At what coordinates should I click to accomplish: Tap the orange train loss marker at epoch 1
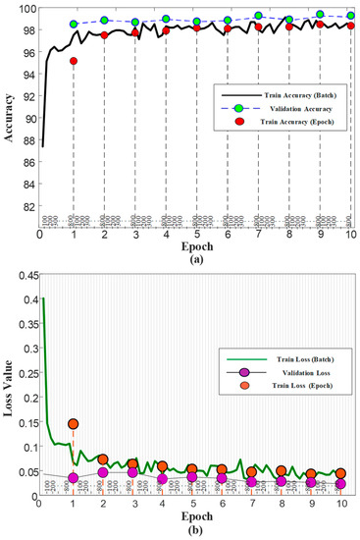pos(73,424)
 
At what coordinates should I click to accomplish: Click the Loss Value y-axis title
pos(9,385)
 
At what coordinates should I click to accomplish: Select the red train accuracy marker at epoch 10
pos(350,27)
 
